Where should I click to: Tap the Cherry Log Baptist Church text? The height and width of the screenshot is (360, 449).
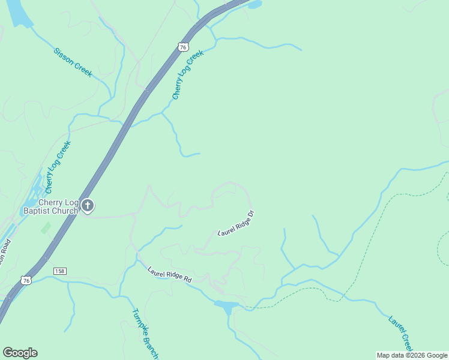tap(50, 206)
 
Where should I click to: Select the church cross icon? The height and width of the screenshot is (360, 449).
tap(88, 206)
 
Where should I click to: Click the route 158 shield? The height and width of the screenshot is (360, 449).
tap(59, 271)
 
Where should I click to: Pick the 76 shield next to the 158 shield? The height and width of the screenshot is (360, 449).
tap(25, 280)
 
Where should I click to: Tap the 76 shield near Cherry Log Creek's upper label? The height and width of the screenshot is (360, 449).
tap(183, 46)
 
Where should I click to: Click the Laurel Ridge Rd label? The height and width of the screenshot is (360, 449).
tap(169, 275)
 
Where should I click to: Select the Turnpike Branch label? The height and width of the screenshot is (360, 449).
tap(145, 334)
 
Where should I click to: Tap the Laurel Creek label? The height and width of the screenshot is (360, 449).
tap(400, 334)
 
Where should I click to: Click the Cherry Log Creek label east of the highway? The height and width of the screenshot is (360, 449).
tap(188, 74)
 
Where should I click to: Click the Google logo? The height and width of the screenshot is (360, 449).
tap(20, 352)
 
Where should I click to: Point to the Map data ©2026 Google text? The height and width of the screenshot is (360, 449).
tap(411, 355)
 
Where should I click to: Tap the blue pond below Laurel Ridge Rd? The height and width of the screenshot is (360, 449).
tap(227, 307)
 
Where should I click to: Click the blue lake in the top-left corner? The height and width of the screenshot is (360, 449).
tap(18, 12)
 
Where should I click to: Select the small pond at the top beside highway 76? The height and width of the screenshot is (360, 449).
tap(255, 5)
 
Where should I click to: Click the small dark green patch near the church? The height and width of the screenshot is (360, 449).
tap(46, 228)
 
